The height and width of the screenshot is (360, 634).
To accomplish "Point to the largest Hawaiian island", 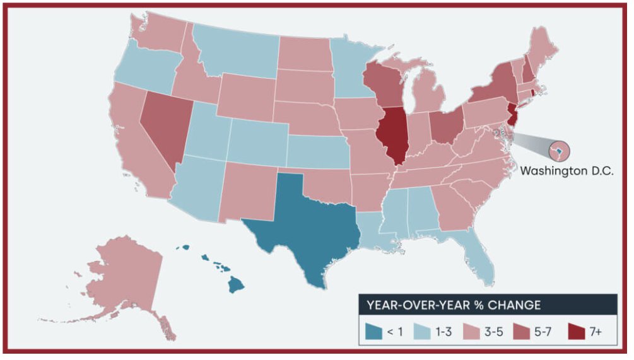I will click(x=235, y=285).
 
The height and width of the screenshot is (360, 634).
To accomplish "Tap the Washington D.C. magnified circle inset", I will click(x=558, y=151).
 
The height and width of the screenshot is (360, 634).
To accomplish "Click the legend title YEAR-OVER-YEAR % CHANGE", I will click(x=454, y=305).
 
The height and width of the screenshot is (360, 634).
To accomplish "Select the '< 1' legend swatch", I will click(x=375, y=331).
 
